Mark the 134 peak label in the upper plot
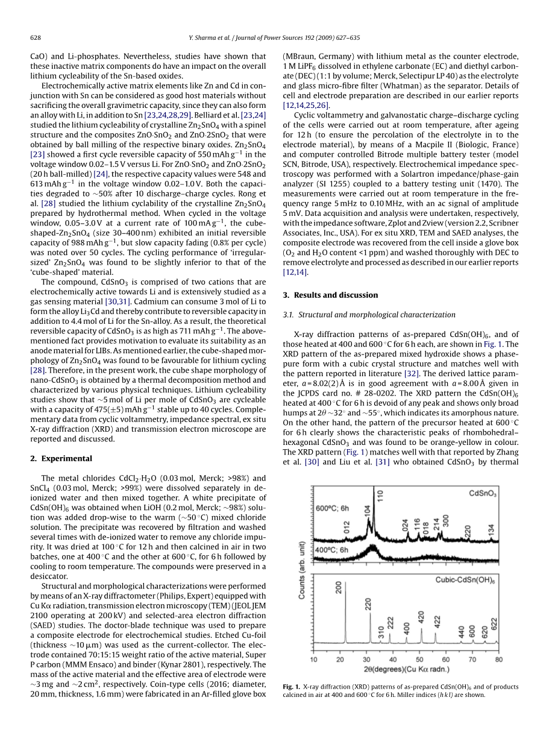491,530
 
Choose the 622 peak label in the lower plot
494,625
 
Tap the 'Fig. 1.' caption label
291,687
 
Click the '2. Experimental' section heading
61,458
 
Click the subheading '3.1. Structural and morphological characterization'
369,315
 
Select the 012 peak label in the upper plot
346,526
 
